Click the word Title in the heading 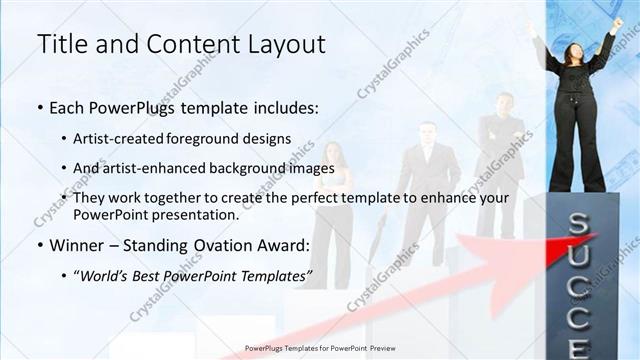coord(59,44)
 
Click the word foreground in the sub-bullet coord(220,137)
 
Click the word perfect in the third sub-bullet coord(318,198)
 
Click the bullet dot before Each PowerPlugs coord(39,105)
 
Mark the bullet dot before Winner coord(39,246)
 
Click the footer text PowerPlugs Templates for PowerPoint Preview coord(319,349)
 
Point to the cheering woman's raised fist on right coord(617,23)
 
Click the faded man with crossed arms coord(501,140)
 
